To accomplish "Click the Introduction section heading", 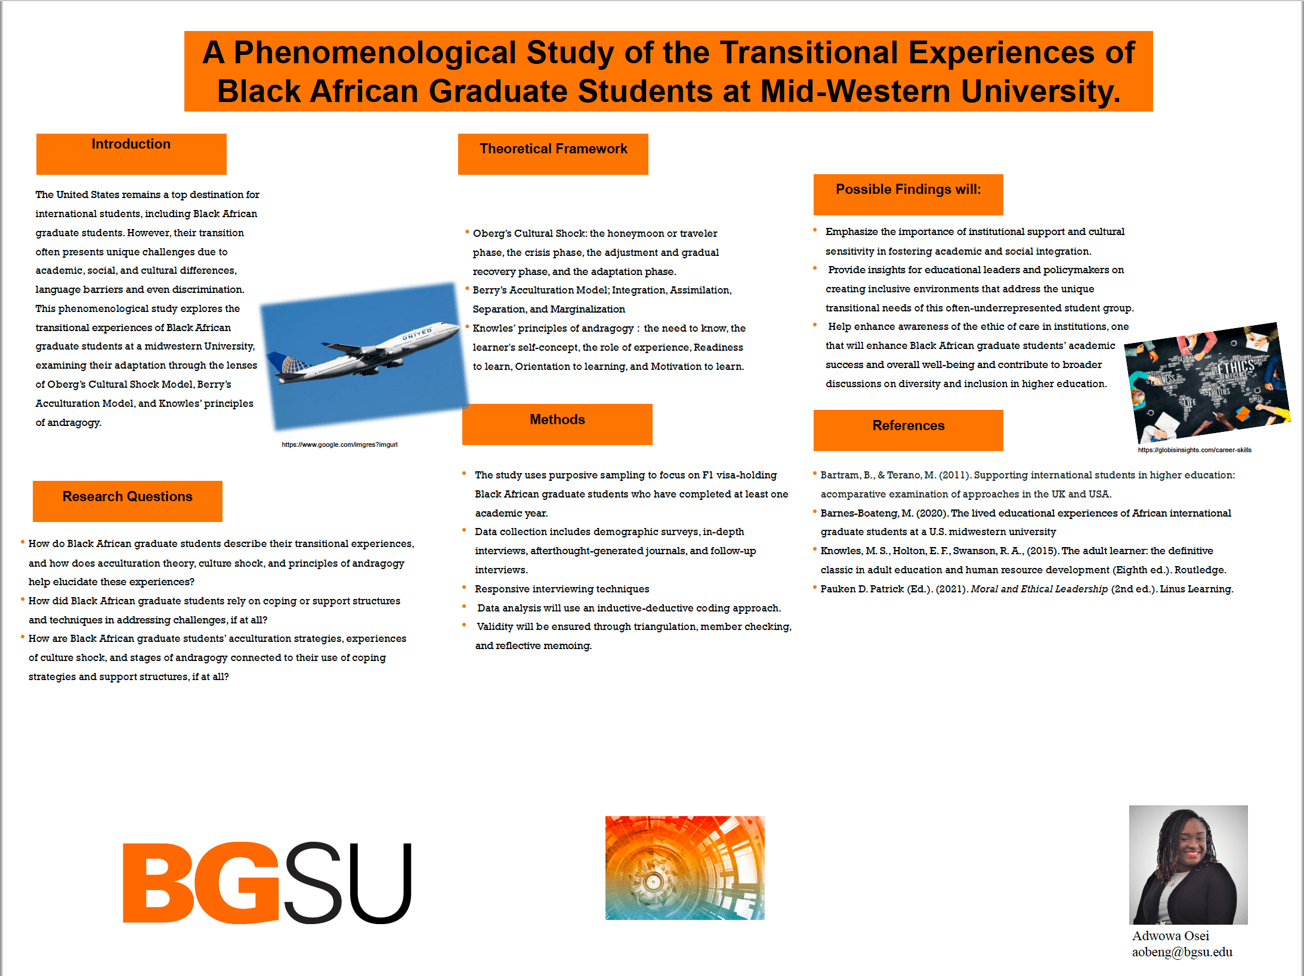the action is coord(131,144).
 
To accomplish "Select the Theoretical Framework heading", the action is coord(554,149).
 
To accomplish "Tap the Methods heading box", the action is coord(557,424).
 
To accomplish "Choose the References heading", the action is coord(909,426).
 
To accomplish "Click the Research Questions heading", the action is coord(128,497).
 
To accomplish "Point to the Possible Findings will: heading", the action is coord(909,190).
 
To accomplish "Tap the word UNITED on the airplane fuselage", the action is coord(417,333).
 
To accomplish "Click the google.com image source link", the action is coord(339,444).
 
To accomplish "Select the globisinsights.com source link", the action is coord(1194,450).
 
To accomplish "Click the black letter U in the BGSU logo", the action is coord(380,883).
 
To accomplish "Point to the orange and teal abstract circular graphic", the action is coord(685,868).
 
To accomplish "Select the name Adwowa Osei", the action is coord(1170,936).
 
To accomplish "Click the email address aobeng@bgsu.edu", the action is coord(1182,952).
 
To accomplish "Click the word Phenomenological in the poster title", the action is coord(376,54).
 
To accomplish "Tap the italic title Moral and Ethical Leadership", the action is coord(1039,589).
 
